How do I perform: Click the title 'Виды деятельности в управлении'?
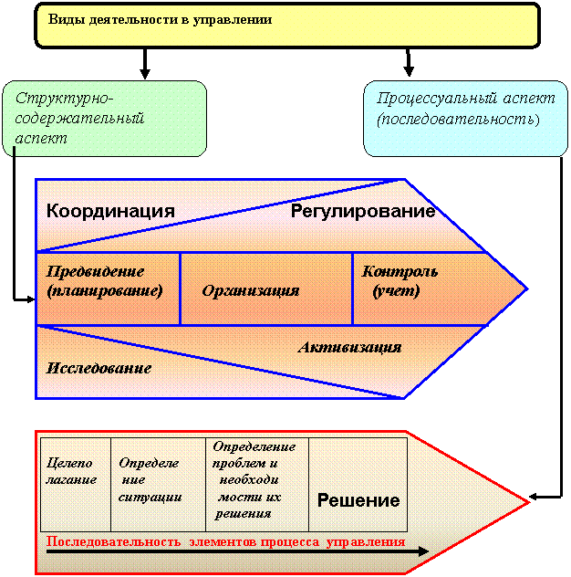point(160,19)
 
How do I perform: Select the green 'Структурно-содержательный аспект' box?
point(104,119)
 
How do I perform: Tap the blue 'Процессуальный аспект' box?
point(465,119)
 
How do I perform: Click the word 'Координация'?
point(110,211)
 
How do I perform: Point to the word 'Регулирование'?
point(363,211)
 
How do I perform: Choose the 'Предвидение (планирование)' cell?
point(109,288)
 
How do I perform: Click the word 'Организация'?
point(251,290)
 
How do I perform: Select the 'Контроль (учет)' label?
point(400,281)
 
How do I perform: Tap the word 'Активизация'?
point(349,347)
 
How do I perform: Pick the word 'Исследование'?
point(99,368)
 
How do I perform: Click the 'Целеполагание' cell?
point(76,485)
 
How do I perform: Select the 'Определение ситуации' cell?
point(158,485)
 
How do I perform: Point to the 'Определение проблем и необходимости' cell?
point(257,485)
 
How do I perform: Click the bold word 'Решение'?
point(358,500)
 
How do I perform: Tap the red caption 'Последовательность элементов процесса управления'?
point(225,541)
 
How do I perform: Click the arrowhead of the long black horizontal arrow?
point(423,551)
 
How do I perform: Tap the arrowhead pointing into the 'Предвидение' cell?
point(31,299)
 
